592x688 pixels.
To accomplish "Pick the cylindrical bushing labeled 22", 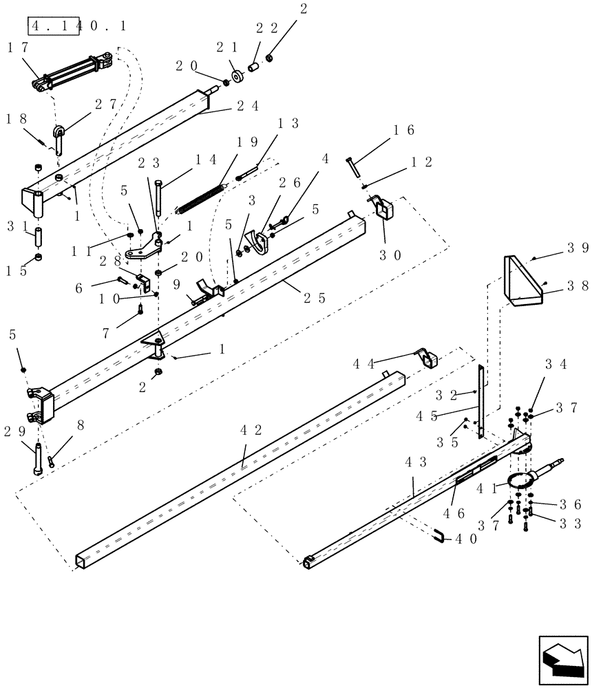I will pyautogui.click(x=254, y=70).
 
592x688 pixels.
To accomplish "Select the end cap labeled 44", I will pyautogui.click(x=428, y=358).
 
